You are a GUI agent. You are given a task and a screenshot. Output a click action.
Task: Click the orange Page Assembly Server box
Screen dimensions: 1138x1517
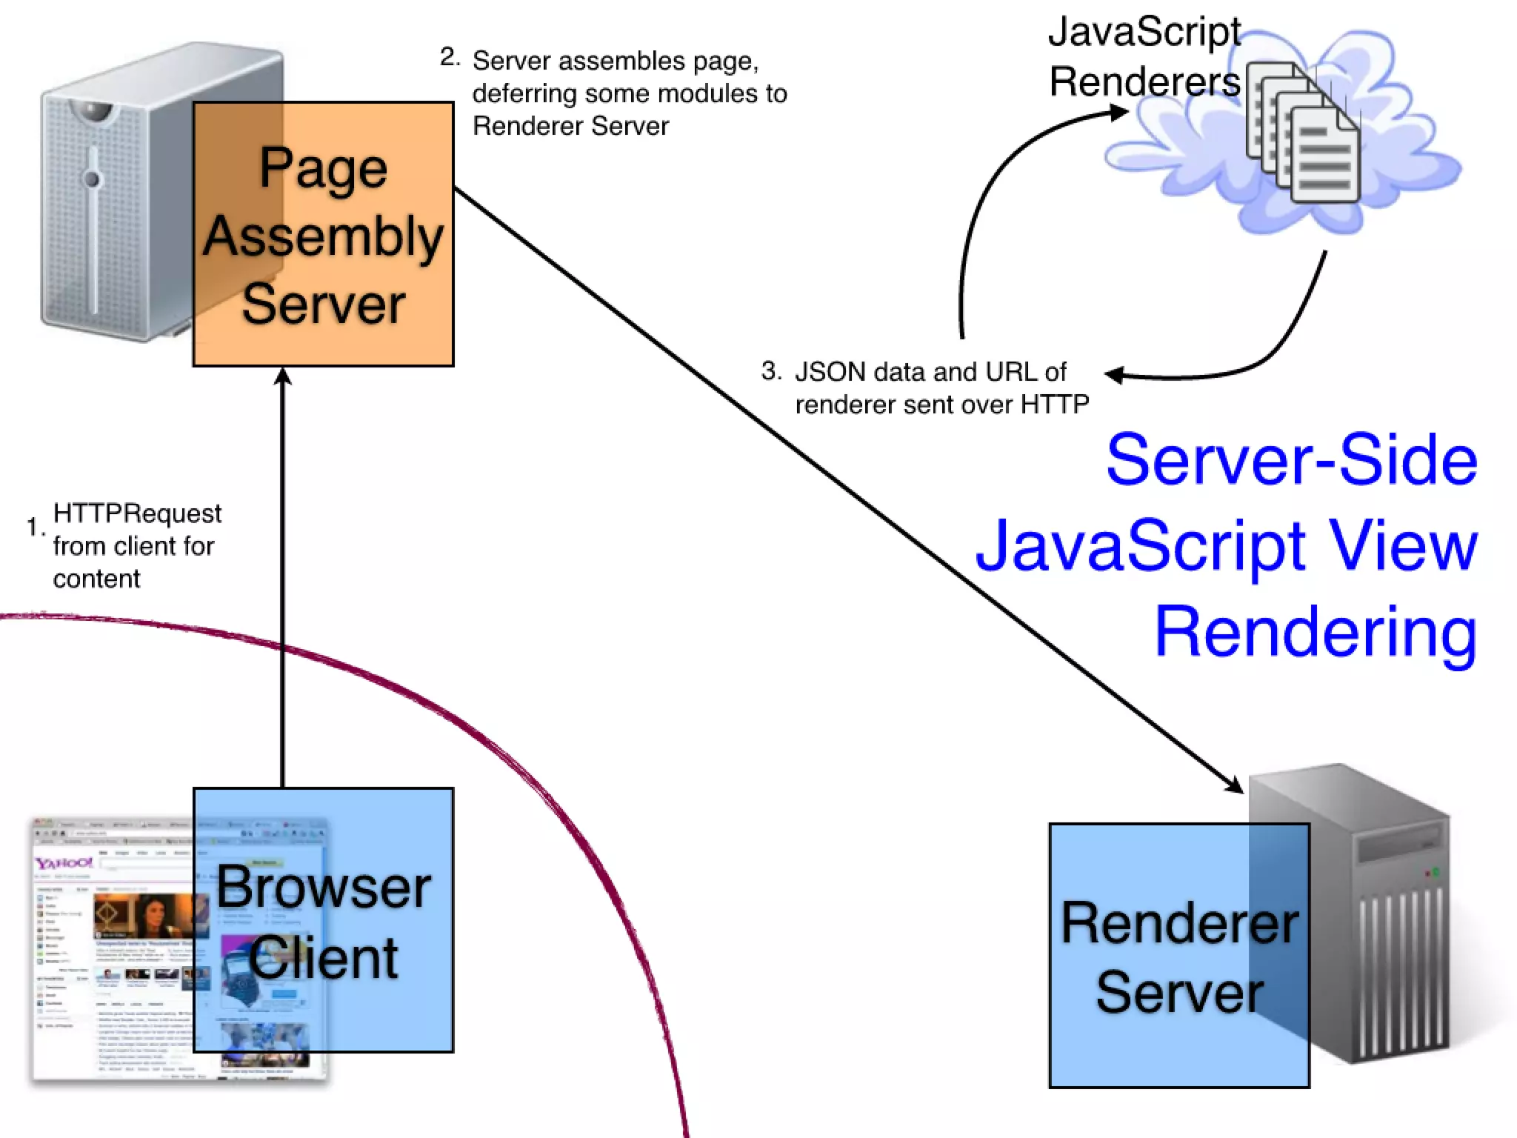click(x=323, y=234)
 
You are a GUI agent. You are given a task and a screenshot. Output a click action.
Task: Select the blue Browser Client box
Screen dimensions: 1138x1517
click(x=323, y=920)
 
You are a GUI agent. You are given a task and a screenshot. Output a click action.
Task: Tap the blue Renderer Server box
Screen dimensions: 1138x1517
click(x=1179, y=956)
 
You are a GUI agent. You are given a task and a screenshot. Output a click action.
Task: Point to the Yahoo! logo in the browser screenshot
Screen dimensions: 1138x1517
click(x=64, y=863)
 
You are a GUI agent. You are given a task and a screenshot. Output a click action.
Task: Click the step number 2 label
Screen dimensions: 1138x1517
click(x=449, y=57)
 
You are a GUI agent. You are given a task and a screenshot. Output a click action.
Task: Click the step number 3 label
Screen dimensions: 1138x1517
click(x=770, y=370)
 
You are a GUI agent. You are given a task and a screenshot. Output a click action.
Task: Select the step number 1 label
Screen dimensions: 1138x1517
click(x=34, y=527)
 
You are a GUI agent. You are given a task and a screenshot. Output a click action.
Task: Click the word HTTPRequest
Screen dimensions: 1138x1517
click(x=137, y=513)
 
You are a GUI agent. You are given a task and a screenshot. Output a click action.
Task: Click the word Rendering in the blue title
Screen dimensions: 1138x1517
click(x=1316, y=632)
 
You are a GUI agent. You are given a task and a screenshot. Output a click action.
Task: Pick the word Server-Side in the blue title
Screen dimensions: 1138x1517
click(x=1291, y=460)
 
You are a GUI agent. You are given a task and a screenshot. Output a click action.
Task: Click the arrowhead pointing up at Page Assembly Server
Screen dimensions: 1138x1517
click(x=283, y=376)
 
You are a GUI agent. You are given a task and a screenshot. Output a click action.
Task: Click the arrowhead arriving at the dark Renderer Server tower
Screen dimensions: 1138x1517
click(x=1234, y=785)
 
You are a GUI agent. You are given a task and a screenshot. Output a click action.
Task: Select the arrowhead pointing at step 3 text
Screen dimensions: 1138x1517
click(x=1114, y=375)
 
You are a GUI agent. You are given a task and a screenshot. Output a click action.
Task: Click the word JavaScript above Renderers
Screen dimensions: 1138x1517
click(x=1144, y=32)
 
